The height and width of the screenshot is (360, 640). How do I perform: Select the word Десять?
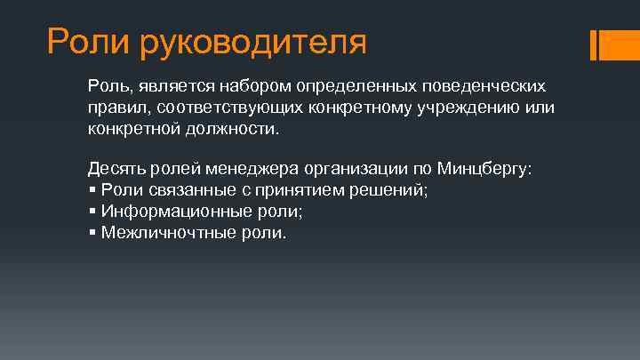click(x=113, y=169)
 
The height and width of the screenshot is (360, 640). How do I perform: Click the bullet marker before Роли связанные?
click(x=92, y=189)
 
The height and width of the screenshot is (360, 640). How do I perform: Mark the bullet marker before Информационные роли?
click(x=92, y=212)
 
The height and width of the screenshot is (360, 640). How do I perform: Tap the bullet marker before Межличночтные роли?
click(x=92, y=233)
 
